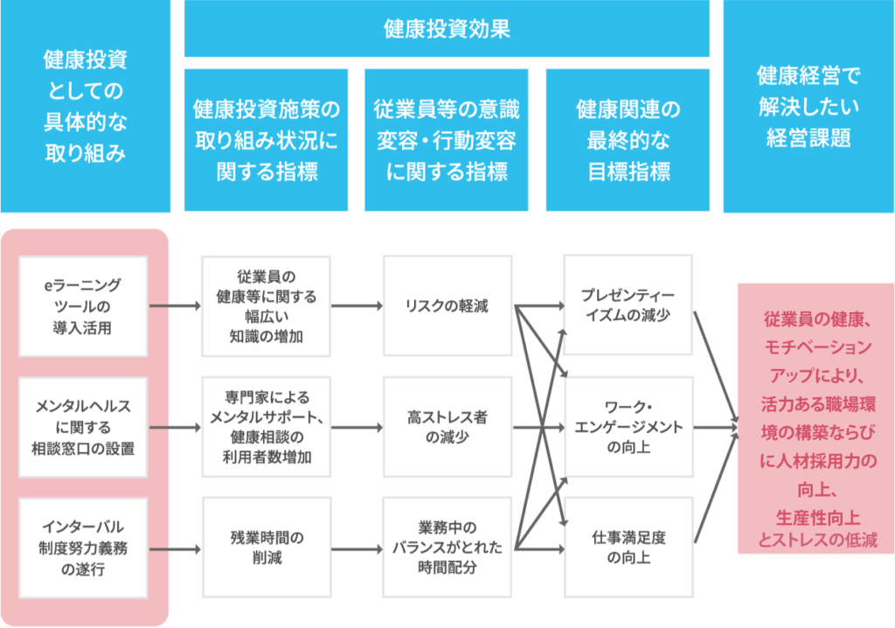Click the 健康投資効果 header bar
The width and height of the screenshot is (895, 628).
447,29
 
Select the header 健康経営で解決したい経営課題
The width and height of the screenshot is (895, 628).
808,106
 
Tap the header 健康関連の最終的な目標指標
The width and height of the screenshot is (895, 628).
628,139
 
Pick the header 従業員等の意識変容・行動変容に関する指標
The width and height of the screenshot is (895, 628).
446,139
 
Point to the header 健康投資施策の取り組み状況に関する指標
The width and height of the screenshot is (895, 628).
266,139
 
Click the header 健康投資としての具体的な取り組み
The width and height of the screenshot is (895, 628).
85,106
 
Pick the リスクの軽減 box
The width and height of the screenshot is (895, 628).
447,306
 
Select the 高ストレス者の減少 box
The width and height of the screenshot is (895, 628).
447,428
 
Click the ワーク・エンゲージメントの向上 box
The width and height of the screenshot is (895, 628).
628,428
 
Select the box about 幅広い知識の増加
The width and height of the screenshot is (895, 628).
266,306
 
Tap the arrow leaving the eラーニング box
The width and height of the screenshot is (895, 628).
175,306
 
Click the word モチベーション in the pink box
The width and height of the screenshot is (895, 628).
817,346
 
